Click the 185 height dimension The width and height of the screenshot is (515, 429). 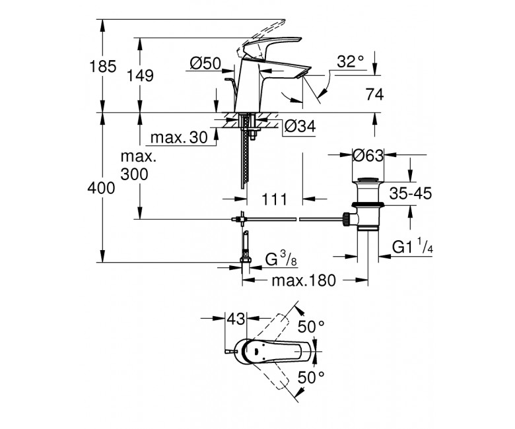coord(103,67)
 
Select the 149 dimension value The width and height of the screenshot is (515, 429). coord(140,76)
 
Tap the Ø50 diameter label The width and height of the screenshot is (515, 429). coord(205,63)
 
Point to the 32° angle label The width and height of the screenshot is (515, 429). coord(351,61)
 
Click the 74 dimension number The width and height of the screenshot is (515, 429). coord(375,94)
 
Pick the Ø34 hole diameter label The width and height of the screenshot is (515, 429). coord(300,125)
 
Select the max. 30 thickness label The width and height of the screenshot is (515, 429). coord(179,137)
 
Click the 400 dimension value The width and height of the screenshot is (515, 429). coord(101,188)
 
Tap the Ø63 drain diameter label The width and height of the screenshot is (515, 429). coord(368,156)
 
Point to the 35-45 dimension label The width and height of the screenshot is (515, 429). coord(411,193)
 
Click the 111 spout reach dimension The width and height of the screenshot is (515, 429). coord(274,199)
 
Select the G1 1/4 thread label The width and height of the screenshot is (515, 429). coord(413,246)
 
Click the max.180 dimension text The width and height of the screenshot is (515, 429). coord(304,280)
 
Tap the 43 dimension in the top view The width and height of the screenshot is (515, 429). coord(236,319)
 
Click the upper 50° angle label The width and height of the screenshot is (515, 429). coord(311,326)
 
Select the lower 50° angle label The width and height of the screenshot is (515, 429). coord(311,378)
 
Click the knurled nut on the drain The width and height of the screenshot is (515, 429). coord(345,219)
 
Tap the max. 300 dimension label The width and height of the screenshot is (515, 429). coord(138,166)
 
